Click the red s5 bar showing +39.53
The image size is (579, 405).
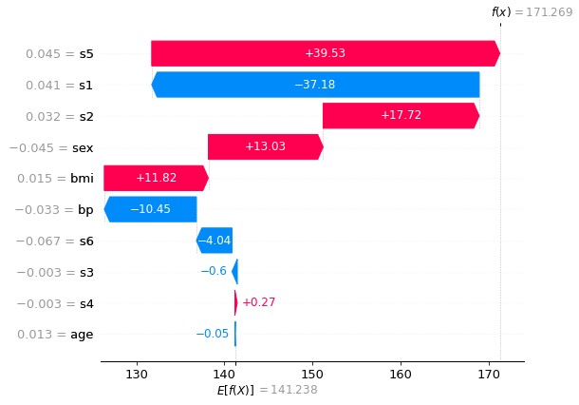tap(326, 53)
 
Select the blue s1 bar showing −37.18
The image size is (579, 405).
tap(315, 85)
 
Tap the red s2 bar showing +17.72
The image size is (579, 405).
tap(401, 116)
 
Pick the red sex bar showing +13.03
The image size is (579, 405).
tap(266, 146)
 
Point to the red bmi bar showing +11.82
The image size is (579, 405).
tap(157, 178)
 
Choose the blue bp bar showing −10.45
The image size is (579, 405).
tap(150, 209)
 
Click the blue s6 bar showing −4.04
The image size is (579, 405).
tap(215, 241)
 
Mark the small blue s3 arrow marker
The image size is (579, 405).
tap(234, 272)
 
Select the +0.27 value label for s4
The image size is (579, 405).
tap(259, 302)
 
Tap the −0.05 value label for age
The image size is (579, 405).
tap(213, 334)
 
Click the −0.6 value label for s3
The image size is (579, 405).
tap(214, 271)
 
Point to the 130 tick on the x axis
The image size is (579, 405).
tap(137, 375)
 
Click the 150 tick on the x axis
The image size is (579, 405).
tap(313, 375)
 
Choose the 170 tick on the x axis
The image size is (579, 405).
tap(489, 375)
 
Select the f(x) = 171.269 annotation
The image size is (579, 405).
tap(532, 12)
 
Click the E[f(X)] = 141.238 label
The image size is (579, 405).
tap(267, 390)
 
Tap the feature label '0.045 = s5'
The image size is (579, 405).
tap(60, 54)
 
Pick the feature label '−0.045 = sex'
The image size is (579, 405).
tap(51, 148)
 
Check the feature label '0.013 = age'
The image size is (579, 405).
tap(55, 335)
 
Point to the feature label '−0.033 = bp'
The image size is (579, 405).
tap(54, 210)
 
